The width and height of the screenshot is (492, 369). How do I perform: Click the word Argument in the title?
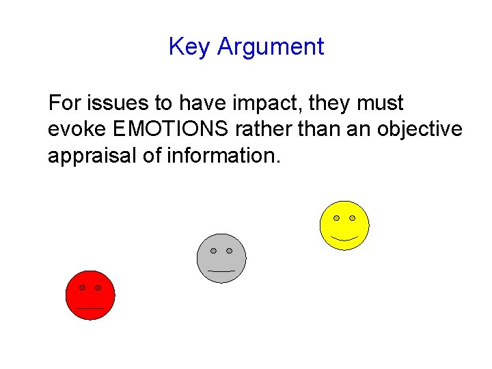pos(270,48)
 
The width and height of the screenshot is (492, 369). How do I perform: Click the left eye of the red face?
pos(82,288)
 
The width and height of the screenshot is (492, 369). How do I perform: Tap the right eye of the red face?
pos(98,288)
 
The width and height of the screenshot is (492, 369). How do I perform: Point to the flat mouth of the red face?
pos(90,308)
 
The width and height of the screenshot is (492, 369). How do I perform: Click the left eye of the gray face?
pos(213,251)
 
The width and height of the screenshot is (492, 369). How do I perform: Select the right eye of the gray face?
pos(230,251)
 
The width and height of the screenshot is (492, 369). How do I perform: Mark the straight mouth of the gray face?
pos(221,271)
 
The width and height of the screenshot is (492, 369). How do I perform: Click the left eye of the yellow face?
pos(336,218)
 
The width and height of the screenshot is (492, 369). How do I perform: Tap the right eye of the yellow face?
pos(353,218)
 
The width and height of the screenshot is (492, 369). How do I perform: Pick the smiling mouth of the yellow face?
pos(344,238)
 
